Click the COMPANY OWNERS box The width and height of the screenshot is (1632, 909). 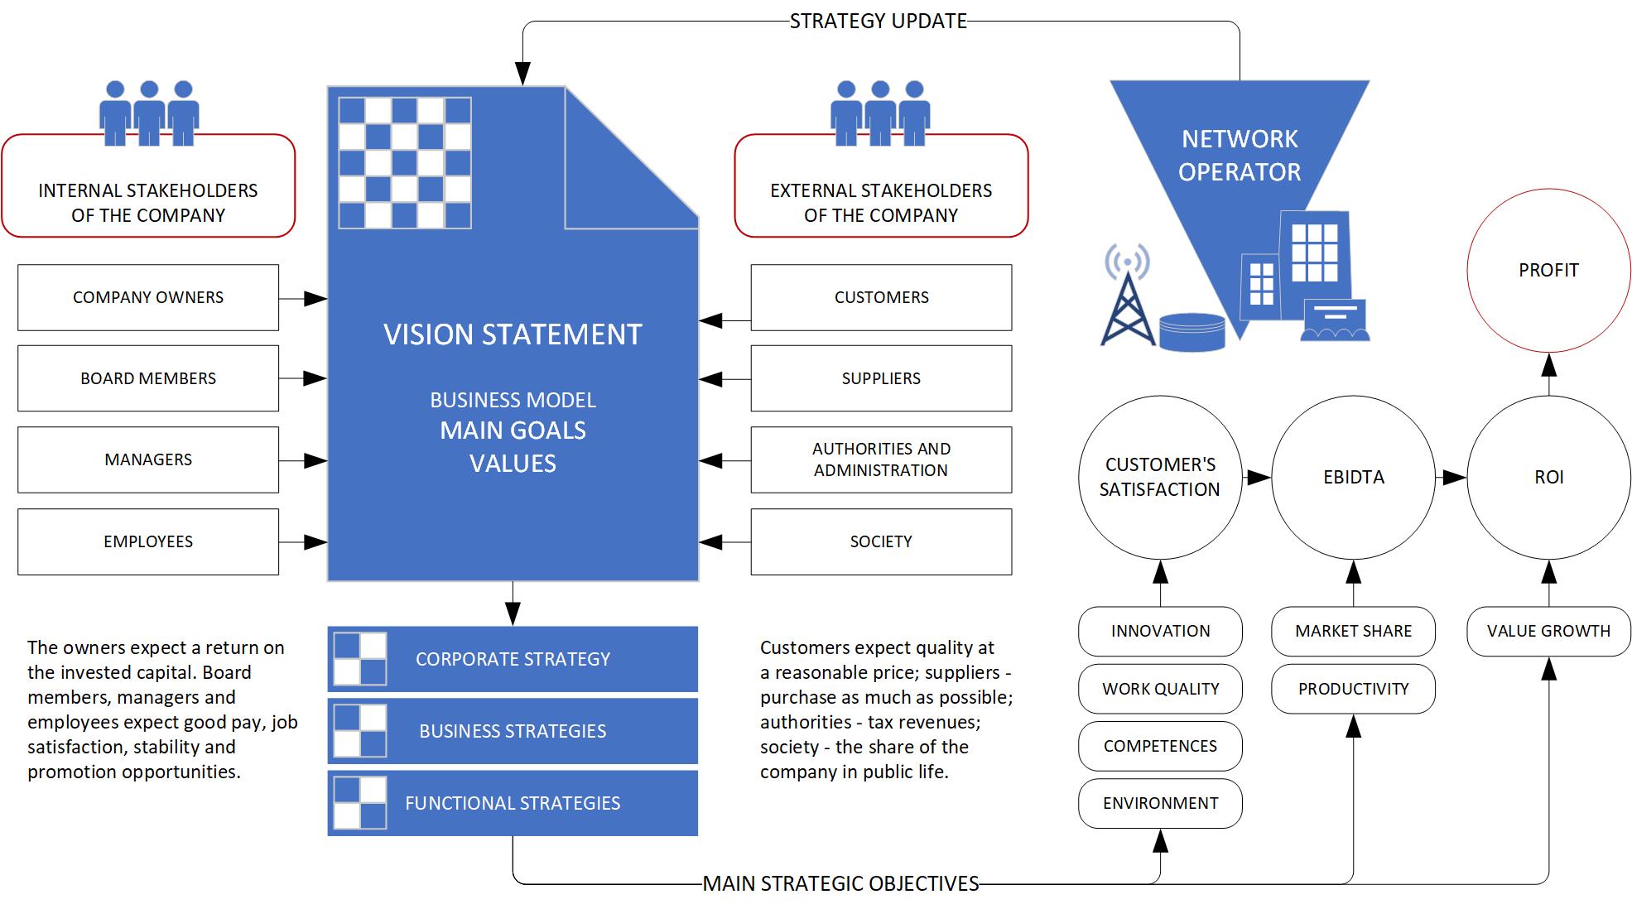148,297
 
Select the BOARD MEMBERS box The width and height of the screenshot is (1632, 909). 148,378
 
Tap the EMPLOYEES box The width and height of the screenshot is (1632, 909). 148,541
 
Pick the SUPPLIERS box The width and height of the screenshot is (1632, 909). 881,378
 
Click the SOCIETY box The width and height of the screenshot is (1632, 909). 881,541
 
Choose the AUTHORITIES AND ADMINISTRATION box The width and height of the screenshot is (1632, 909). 881,459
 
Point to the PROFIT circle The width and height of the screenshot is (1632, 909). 1548,271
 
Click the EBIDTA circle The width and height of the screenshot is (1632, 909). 1353,478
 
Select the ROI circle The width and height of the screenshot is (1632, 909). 1548,478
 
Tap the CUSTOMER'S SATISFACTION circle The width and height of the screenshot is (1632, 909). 1159,478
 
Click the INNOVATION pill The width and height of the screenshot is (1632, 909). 1160,631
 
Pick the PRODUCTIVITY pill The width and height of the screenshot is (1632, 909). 1353,689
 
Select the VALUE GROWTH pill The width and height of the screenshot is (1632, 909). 1548,631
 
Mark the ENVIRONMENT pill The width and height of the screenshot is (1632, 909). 1160,803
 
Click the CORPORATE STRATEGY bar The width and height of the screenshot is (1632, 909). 513,659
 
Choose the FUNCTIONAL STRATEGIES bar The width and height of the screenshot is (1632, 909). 513,803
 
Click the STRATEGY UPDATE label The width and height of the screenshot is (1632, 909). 878,21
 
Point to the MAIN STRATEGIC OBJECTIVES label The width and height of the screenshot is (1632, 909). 840,883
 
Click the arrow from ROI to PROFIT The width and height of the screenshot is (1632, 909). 1548,375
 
